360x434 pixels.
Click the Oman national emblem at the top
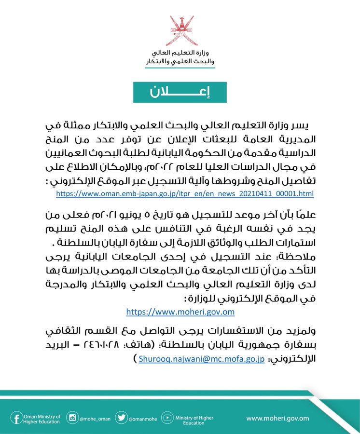coord(180,30)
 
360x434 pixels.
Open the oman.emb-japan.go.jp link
coord(185,193)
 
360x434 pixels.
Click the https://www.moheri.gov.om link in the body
coord(180,312)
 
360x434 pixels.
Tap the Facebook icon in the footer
coord(16,418)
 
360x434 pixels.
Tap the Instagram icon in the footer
coord(72,418)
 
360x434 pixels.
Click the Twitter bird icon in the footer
coord(122,418)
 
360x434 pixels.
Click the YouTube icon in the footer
coord(167,418)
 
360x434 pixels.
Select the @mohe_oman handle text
coord(95,419)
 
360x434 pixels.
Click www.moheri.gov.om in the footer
coord(277,418)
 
